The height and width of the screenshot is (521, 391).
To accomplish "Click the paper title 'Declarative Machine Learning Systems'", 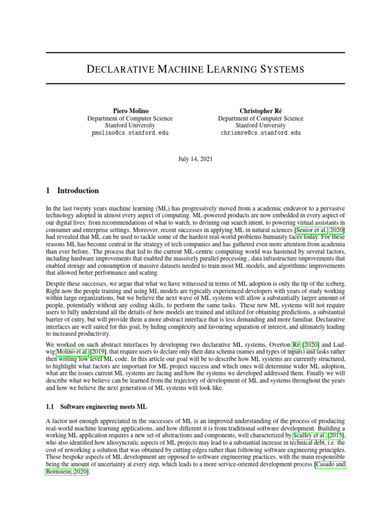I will coord(195,69).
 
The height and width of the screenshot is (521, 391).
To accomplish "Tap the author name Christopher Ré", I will coord(261,110).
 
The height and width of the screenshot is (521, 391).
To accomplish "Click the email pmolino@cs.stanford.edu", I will coord(130,132).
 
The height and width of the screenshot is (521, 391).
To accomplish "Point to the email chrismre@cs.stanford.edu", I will coord(261,132).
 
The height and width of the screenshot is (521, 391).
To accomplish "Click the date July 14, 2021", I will coord(195,159).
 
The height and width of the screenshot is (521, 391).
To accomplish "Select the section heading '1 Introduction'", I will coord(72,191).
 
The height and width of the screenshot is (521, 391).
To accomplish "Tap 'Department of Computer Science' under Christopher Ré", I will coord(261,118).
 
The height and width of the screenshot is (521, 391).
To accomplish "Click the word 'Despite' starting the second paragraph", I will coord(55,282).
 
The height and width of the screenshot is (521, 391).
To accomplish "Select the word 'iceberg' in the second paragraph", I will coord(333,282).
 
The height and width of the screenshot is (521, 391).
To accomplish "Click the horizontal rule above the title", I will coord(195,52).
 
